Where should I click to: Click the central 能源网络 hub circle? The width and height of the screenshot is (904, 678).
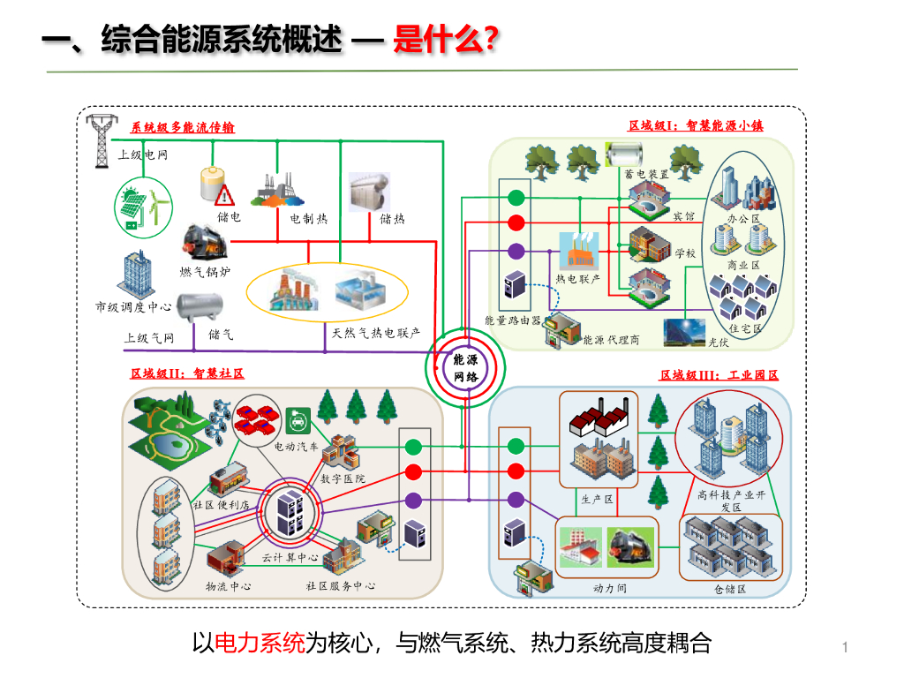pyautogui.click(x=464, y=367)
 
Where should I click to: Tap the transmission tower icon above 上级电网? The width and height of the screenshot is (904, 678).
pyautogui.click(x=102, y=139)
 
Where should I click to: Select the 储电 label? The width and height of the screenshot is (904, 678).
pyautogui.click(x=229, y=217)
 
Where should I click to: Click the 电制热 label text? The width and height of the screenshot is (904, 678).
pyautogui.click(x=308, y=218)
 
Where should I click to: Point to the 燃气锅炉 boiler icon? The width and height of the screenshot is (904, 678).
pyautogui.click(x=200, y=242)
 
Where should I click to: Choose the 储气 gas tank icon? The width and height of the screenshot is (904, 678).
pyautogui.click(x=199, y=306)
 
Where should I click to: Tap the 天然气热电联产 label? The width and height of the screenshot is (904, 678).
pyautogui.click(x=376, y=334)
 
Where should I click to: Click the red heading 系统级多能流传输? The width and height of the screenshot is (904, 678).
pyautogui.click(x=183, y=127)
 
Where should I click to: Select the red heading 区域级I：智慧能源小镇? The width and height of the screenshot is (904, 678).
pyautogui.click(x=695, y=125)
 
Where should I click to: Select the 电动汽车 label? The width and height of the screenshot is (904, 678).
pyautogui.click(x=297, y=448)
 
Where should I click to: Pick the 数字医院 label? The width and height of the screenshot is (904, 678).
pyautogui.click(x=343, y=478)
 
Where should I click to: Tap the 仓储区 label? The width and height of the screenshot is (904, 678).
pyautogui.click(x=730, y=589)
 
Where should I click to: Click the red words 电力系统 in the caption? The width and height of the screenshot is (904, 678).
pyautogui.click(x=260, y=644)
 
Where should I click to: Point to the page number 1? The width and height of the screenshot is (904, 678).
pyautogui.click(x=845, y=649)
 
